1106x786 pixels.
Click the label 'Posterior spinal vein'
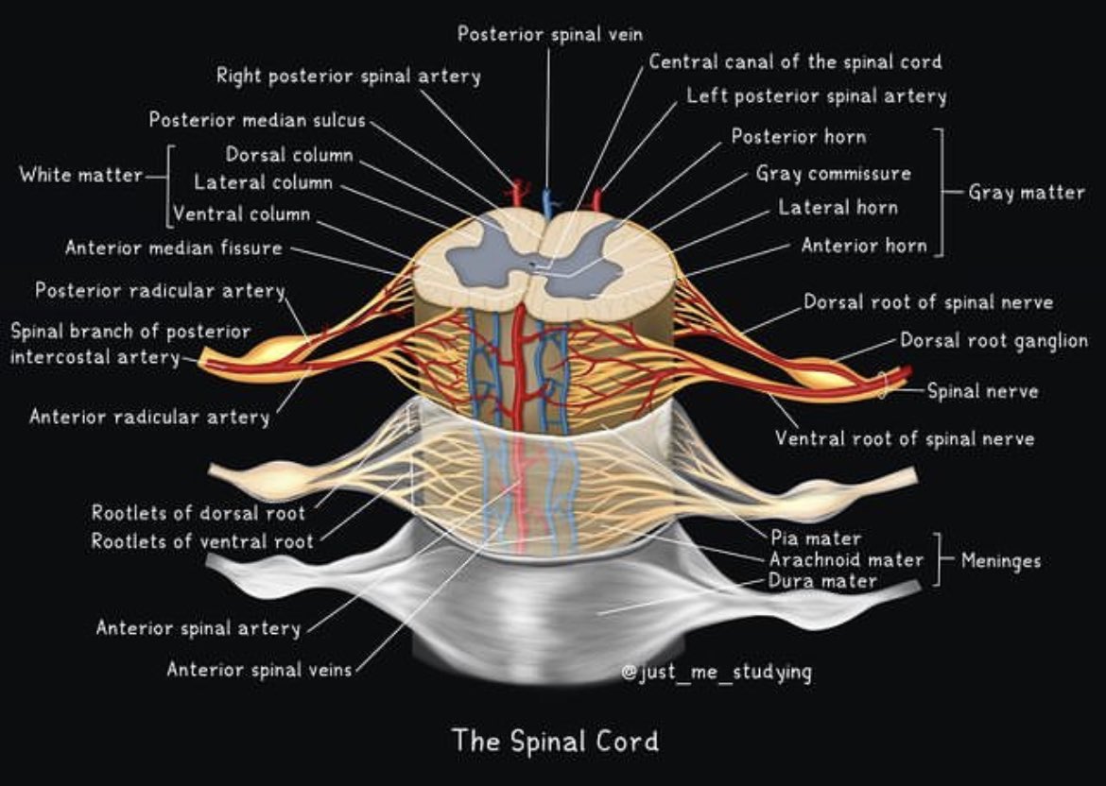pyautogui.click(x=550, y=34)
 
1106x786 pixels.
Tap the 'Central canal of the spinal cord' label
pyautogui.click(x=795, y=62)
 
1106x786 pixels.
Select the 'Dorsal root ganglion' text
pyautogui.click(x=993, y=340)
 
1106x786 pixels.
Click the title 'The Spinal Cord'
pyautogui.click(x=554, y=740)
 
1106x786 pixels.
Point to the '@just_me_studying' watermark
pyautogui.click(x=716, y=673)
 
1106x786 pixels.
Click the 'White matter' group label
pyautogui.click(x=80, y=175)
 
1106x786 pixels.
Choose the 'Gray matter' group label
pyautogui.click(x=1026, y=193)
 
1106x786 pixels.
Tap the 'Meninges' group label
pyautogui.click(x=1000, y=561)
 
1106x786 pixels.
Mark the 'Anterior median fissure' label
pyautogui.click(x=173, y=248)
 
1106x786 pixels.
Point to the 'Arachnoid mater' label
pyautogui.click(x=846, y=560)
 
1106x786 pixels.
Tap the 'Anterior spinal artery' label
pyautogui.click(x=198, y=628)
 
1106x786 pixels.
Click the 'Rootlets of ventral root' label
pyautogui.click(x=201, y=542)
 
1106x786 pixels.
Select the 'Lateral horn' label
pyautogui.click(x=838, y=207)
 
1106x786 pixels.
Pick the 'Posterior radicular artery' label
pyautogui.click(x=160, y=291)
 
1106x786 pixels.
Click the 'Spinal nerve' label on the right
pyautogui.click(x=981, y=390)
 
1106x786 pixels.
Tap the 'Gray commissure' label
pyautogui.click(x=833, y=174)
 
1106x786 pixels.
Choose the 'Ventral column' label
pyautogui.click(x=241, y=214)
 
